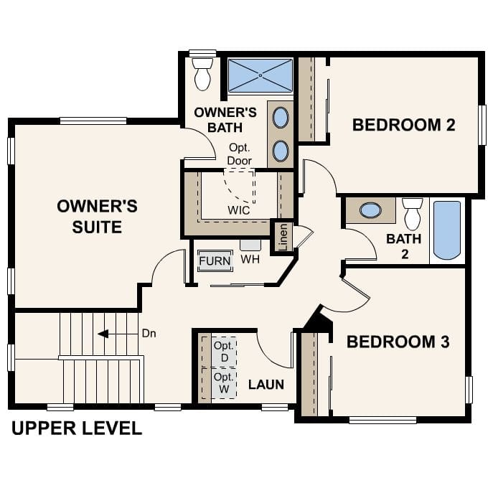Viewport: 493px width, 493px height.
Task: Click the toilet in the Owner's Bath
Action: [202, 74]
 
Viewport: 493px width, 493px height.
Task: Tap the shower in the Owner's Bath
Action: [260, 75]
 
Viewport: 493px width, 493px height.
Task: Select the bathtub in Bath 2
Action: [447, 230]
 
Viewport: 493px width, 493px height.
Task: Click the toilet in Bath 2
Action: [412, 213]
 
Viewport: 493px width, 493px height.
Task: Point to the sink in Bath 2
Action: [370, 210]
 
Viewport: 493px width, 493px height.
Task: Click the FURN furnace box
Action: [215, 260]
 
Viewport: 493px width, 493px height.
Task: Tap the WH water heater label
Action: [250, 259]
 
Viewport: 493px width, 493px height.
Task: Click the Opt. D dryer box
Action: [224, 352]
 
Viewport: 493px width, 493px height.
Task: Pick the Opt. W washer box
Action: [224, 382]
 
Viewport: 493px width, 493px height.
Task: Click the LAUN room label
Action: [266, 385]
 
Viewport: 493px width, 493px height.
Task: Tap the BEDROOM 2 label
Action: [403, 125]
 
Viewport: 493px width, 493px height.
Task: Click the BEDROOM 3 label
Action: [398, 342]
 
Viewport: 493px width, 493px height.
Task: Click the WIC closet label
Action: [238, 211]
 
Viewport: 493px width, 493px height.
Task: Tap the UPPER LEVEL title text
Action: [77, 429]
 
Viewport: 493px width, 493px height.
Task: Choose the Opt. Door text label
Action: [239, 154]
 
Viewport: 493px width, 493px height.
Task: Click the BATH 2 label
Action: [404, 245]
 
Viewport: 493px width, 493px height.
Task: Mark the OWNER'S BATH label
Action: [225, 120]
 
